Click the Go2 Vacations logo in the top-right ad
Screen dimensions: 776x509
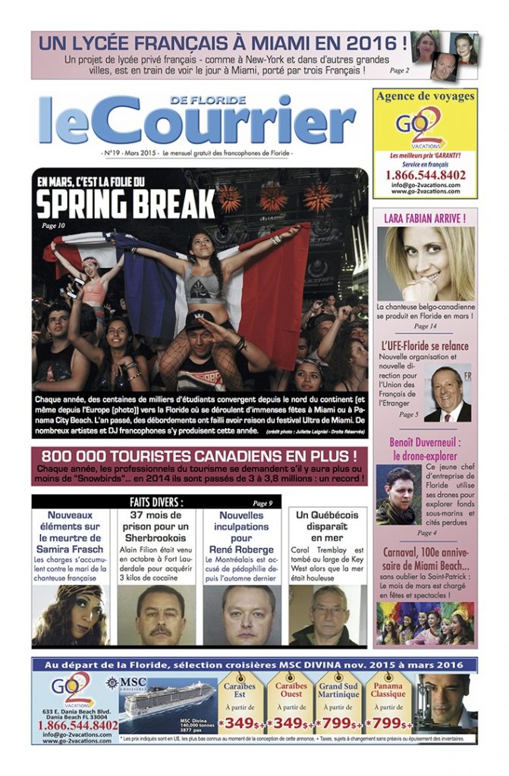424,125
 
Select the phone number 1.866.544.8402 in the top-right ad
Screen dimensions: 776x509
425,175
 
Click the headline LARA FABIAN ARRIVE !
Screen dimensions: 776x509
425,218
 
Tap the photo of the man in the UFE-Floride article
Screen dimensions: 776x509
448,394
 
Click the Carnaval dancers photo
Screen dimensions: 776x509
425,623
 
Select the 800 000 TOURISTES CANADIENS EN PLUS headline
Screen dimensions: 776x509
200,456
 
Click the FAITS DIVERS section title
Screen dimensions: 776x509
157,502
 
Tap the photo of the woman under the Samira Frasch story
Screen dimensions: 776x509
70,615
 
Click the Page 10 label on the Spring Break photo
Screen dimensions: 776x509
54,225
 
